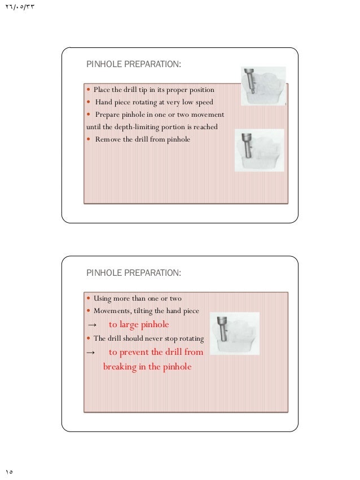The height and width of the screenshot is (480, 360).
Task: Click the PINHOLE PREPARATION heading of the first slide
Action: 134,65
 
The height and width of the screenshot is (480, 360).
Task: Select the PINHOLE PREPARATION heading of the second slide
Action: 134,273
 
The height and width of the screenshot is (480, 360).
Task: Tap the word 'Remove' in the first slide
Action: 107,139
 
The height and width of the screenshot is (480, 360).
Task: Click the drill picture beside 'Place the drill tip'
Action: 263,86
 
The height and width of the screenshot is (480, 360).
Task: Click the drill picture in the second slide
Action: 238,333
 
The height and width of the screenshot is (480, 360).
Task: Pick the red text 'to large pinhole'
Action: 139,324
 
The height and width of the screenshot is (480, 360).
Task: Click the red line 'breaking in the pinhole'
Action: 147,367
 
